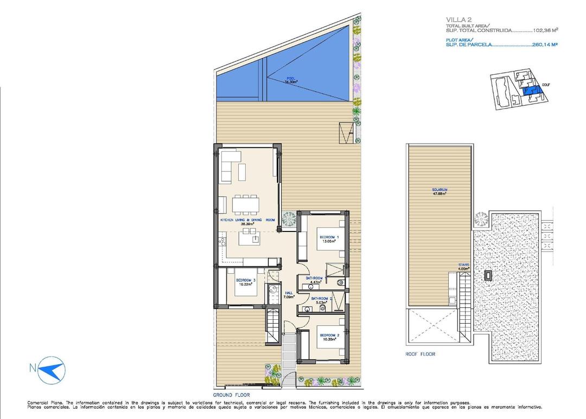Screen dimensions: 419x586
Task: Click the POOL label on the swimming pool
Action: click(x=291, y=79)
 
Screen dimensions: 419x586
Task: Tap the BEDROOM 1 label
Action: click(x=329, y=237)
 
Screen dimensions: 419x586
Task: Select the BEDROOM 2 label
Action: click(x=329, y=335)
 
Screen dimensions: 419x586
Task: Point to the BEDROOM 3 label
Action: click(x=245, y=280)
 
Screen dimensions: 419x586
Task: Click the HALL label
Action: click(x=289, y=293)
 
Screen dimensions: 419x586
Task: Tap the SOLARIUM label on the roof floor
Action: click(x=439, y=190)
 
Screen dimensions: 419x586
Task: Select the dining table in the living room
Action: click(x=245, y=204)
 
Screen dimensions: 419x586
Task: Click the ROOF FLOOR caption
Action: click(x=420, y=354)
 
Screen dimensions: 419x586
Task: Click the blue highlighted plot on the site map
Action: click(x=527, y=91)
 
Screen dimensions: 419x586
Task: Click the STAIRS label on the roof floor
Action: click(x=463, y=265)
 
